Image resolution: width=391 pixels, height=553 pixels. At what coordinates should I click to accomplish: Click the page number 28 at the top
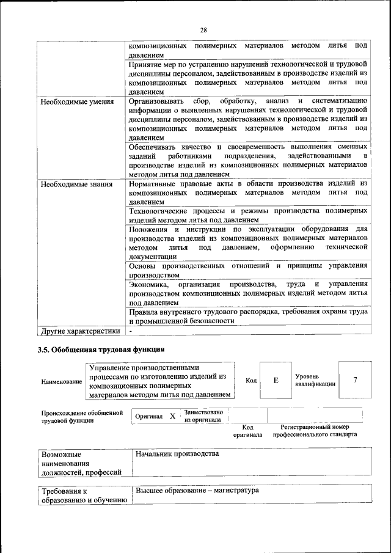pyautogui.click(x=203, y=30)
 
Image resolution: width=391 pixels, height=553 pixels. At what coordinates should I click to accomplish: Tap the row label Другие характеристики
pyautogui.click(x=79, y=331)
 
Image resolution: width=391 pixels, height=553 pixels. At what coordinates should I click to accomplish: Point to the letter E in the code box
pyautogui.click(x=276, y=381)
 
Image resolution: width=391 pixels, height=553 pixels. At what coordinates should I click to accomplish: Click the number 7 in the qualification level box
pyautogui.click(x=355, y=380)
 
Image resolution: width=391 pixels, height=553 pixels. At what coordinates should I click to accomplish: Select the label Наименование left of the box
pyautogui.click(x=61, y=382)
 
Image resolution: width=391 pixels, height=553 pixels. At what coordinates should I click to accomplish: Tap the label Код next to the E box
pyautogui.click(x=251, y=381)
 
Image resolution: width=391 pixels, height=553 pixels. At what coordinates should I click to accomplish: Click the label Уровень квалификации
pyautogui.click(x=315, y=381)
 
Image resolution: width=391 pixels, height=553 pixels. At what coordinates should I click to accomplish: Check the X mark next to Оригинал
pyautogui.click(x=172, y=416)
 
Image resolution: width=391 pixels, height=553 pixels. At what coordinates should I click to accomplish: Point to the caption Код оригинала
pyautogui.click(x=247, y=431)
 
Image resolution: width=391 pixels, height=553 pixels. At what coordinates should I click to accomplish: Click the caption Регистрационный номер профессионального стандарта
pyautogui.click(x=315, y=431)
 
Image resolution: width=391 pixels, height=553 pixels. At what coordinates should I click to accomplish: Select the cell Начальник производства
pyautogui.click(x=177, y=454)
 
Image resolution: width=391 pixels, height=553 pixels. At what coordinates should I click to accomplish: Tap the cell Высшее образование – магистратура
pyautogui.click(x=197, y=491)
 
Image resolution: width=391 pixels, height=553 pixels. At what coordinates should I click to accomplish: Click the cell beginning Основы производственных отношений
pyautogui.click(x=248, y=270)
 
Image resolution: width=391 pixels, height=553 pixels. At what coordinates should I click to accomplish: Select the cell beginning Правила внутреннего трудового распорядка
pyautogui.click(x=248, y=317)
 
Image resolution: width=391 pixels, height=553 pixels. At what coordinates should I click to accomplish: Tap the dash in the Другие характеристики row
pyautogui.click(x=131, y=331)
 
